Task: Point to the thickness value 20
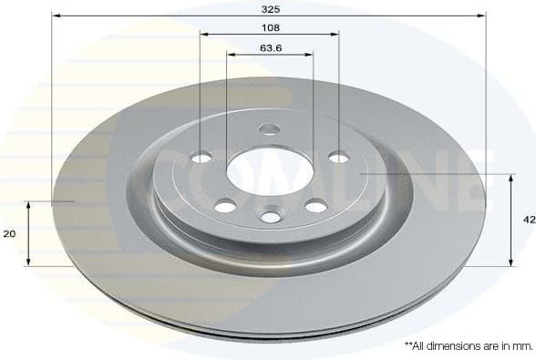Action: click(x=10, y=234)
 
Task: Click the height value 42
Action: click(x=528, y=220)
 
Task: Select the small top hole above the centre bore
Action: click(x=269, y=129)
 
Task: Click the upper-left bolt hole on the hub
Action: click(x=201, y=158)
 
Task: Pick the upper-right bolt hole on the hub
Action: click(x=338, y=158)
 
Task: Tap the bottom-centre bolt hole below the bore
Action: click(x=271, y=216)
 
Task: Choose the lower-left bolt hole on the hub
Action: click(x=224, y=206)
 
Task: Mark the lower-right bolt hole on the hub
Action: click(x=316, y=206)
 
